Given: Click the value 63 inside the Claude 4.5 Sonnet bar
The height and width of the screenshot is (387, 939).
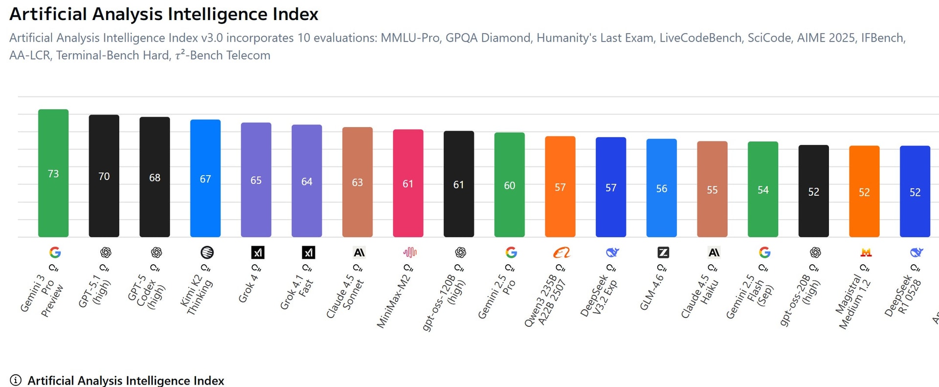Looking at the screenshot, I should [x=358, y=182].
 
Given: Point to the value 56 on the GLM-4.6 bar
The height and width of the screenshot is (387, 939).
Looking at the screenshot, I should [x=662, y=188].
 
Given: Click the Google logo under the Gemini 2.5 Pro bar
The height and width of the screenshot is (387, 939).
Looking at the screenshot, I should [x=511, y=252].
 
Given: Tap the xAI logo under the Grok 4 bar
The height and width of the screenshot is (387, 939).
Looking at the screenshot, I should [x=258, y=252].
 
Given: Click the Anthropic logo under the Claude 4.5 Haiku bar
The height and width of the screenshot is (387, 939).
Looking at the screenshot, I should [x=714, y=252].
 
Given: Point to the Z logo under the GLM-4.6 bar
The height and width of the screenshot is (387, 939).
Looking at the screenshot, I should [x=663, y=252].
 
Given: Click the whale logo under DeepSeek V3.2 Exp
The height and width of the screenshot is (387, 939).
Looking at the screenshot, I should [x=612, y=252].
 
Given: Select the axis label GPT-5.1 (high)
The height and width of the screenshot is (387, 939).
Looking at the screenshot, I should [x=95, y=292].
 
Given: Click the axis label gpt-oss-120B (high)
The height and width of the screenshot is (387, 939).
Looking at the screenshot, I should [x=444, y=302].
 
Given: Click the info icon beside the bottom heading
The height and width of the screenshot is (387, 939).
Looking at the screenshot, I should [x=16, y=380].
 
